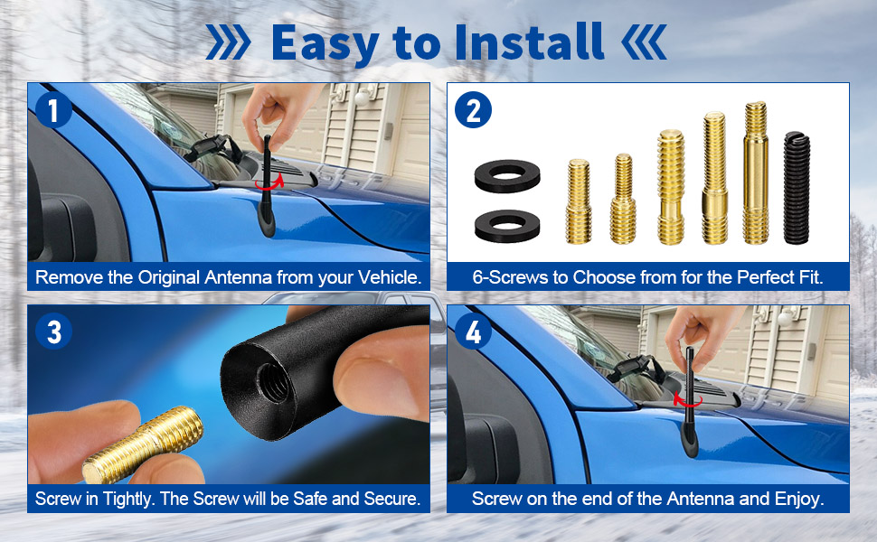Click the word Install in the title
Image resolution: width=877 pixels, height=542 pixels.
[529, 42]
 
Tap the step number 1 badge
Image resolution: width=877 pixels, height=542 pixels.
[53, 109]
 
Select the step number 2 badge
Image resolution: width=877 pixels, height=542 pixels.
[473, 109]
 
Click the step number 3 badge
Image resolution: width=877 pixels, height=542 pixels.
[53, 332]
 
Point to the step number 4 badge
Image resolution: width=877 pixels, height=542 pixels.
[473, 332]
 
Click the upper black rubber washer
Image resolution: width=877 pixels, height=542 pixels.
[507, 176]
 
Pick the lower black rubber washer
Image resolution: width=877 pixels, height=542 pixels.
[507, 226]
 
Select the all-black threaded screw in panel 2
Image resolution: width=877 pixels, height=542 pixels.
[797, 188]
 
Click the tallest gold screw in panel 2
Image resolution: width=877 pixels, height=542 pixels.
[756, 173]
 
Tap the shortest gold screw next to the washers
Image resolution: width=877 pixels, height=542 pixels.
[579, 201]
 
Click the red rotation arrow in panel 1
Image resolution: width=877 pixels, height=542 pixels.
[269, 182]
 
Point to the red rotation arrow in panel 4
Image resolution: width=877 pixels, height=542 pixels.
[688, 400]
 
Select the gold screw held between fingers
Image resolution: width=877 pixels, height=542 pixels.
[143, 444]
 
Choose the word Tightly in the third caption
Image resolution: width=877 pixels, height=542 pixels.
[128, 499]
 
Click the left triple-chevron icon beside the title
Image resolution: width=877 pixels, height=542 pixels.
[228, 42]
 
